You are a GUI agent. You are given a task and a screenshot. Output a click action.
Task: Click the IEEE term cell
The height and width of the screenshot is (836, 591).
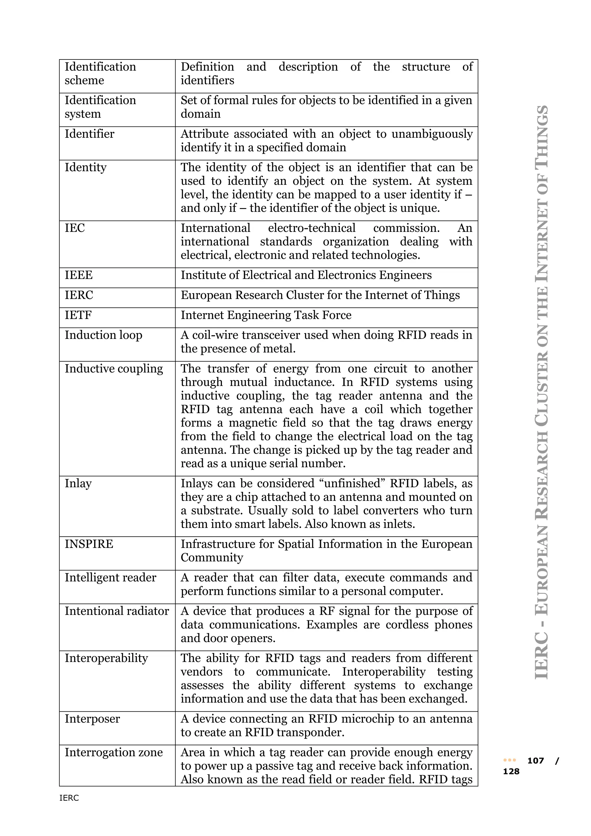(x=78, y=275)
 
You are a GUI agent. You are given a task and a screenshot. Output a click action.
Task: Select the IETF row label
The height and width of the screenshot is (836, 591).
(x=78, y=315)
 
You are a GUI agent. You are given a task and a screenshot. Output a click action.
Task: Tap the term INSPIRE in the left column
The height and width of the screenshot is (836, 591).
(x=89, y=544)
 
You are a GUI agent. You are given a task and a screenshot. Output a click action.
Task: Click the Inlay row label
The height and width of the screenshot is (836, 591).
(x=78, y=484)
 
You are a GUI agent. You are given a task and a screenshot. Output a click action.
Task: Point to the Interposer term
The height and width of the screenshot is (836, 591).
(x=92, y=719)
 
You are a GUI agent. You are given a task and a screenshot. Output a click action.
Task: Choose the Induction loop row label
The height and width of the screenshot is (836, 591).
(x=103, y=335)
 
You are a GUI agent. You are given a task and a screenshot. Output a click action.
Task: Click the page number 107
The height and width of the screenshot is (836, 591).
(x=535, y=761)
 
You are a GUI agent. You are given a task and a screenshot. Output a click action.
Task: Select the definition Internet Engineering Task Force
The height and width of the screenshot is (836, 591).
(x=266, y=315)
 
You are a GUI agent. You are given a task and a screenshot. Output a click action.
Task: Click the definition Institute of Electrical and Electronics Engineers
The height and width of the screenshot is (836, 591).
(x=306, y=275)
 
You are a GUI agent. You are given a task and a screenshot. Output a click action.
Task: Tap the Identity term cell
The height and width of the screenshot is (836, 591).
(x=85, y=167)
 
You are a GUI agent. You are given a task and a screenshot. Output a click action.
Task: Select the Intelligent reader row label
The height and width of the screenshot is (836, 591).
(x=110, y=577)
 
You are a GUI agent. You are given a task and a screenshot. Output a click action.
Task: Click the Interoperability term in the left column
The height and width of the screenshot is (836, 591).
(x=106, y=658)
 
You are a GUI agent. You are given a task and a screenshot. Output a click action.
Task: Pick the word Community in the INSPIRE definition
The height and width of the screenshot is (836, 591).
(x=212, y=557)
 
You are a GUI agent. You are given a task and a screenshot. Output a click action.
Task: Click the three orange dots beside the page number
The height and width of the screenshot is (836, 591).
(x=510, y=761)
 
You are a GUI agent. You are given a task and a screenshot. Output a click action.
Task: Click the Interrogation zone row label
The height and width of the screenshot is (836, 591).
(x=113, y=752)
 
